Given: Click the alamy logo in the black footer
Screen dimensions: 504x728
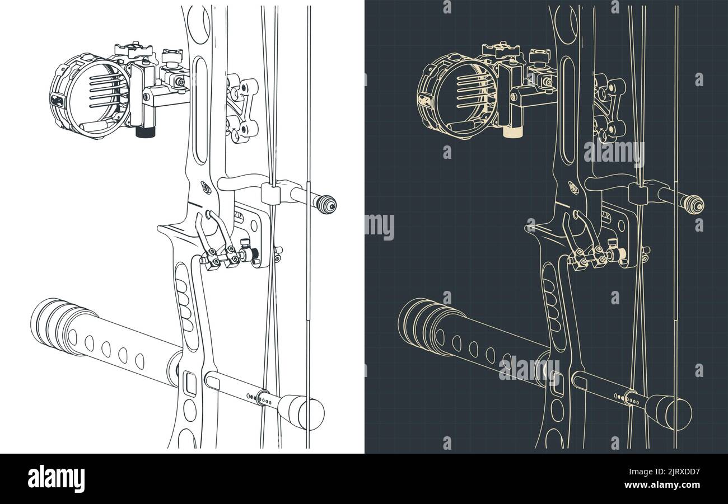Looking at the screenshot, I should coord(56,479).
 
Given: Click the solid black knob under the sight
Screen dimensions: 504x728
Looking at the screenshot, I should coord(146,132).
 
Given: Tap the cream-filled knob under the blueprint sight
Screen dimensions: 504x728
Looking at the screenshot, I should coord(512,131).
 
